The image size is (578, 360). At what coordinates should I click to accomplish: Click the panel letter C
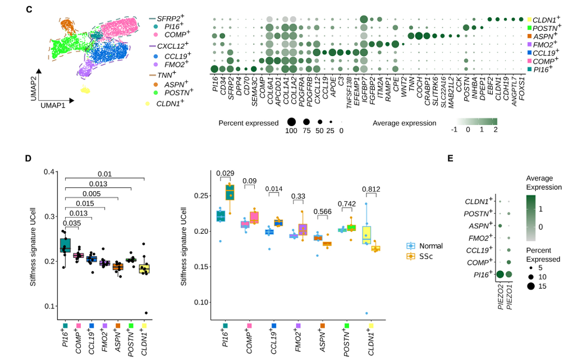[x=29, y=9]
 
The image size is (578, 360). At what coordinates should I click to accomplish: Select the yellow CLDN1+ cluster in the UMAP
[x=85, y=90]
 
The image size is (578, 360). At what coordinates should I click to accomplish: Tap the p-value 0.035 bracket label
[x=72, y=223]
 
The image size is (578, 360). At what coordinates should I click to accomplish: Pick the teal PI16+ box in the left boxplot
[x=66, y=246]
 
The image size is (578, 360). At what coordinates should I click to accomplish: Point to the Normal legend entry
[x=431, y=246]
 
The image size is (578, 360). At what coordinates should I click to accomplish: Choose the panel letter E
[x=450, y=158]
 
